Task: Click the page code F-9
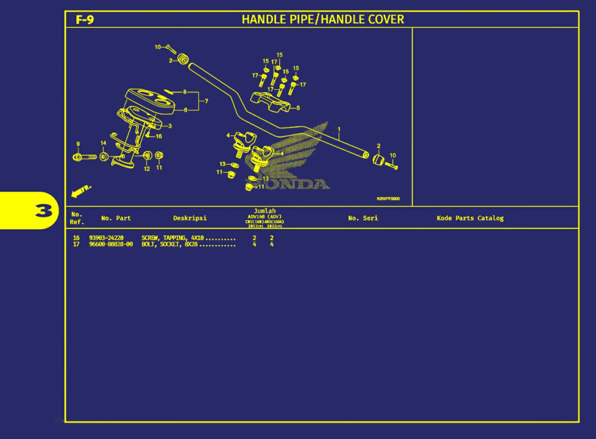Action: point(85,19)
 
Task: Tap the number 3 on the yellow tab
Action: point(43,211)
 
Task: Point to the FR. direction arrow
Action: point(81,191)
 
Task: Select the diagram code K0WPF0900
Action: point(388,199)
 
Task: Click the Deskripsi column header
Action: point(190,218)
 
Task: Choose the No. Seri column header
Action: point(363,218)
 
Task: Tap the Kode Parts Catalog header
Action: point(470,218)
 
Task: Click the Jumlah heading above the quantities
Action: point(264,211)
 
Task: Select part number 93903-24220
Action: point(106,238)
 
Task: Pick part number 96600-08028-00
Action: point(111,245)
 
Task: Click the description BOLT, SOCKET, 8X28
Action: point(169,245)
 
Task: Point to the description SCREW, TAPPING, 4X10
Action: point(172,238)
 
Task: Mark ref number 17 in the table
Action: point(76,245)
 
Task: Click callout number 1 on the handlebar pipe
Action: point(339,129)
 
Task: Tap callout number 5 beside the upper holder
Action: point(298,108)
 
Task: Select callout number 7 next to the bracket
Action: point(206,101)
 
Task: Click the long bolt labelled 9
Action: point(85,157)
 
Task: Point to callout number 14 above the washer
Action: point(103,143)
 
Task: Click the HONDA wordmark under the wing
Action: point(296,184)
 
